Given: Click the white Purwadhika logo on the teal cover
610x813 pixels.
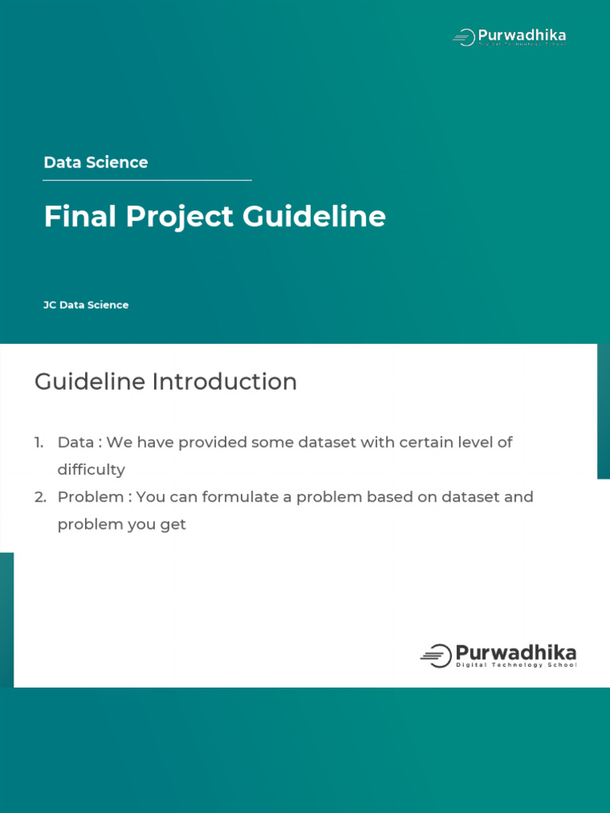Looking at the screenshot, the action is click(509, 37).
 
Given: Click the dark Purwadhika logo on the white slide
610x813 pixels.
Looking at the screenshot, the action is click(499, 656).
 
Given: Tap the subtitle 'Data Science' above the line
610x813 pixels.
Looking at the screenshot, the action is click(96, 162).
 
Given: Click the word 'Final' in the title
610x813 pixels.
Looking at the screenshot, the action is click(80, 216).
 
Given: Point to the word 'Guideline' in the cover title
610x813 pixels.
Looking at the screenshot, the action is click(315, 216).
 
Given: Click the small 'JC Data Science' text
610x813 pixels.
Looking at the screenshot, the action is click(86, 305).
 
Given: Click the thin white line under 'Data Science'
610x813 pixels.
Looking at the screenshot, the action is click(147, 180).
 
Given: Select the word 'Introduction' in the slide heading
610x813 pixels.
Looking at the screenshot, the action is click(225, 382).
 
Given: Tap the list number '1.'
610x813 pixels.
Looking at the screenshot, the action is click(39, 442).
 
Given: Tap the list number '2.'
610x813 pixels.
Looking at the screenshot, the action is click(41, 497).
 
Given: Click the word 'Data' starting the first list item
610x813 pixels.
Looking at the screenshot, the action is click(75, 442).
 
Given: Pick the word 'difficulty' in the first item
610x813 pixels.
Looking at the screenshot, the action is click(91, 470).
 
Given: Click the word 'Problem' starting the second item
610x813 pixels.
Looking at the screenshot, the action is click(91, 497).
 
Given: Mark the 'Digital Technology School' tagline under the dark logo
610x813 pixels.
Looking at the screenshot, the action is click(516, 665).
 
